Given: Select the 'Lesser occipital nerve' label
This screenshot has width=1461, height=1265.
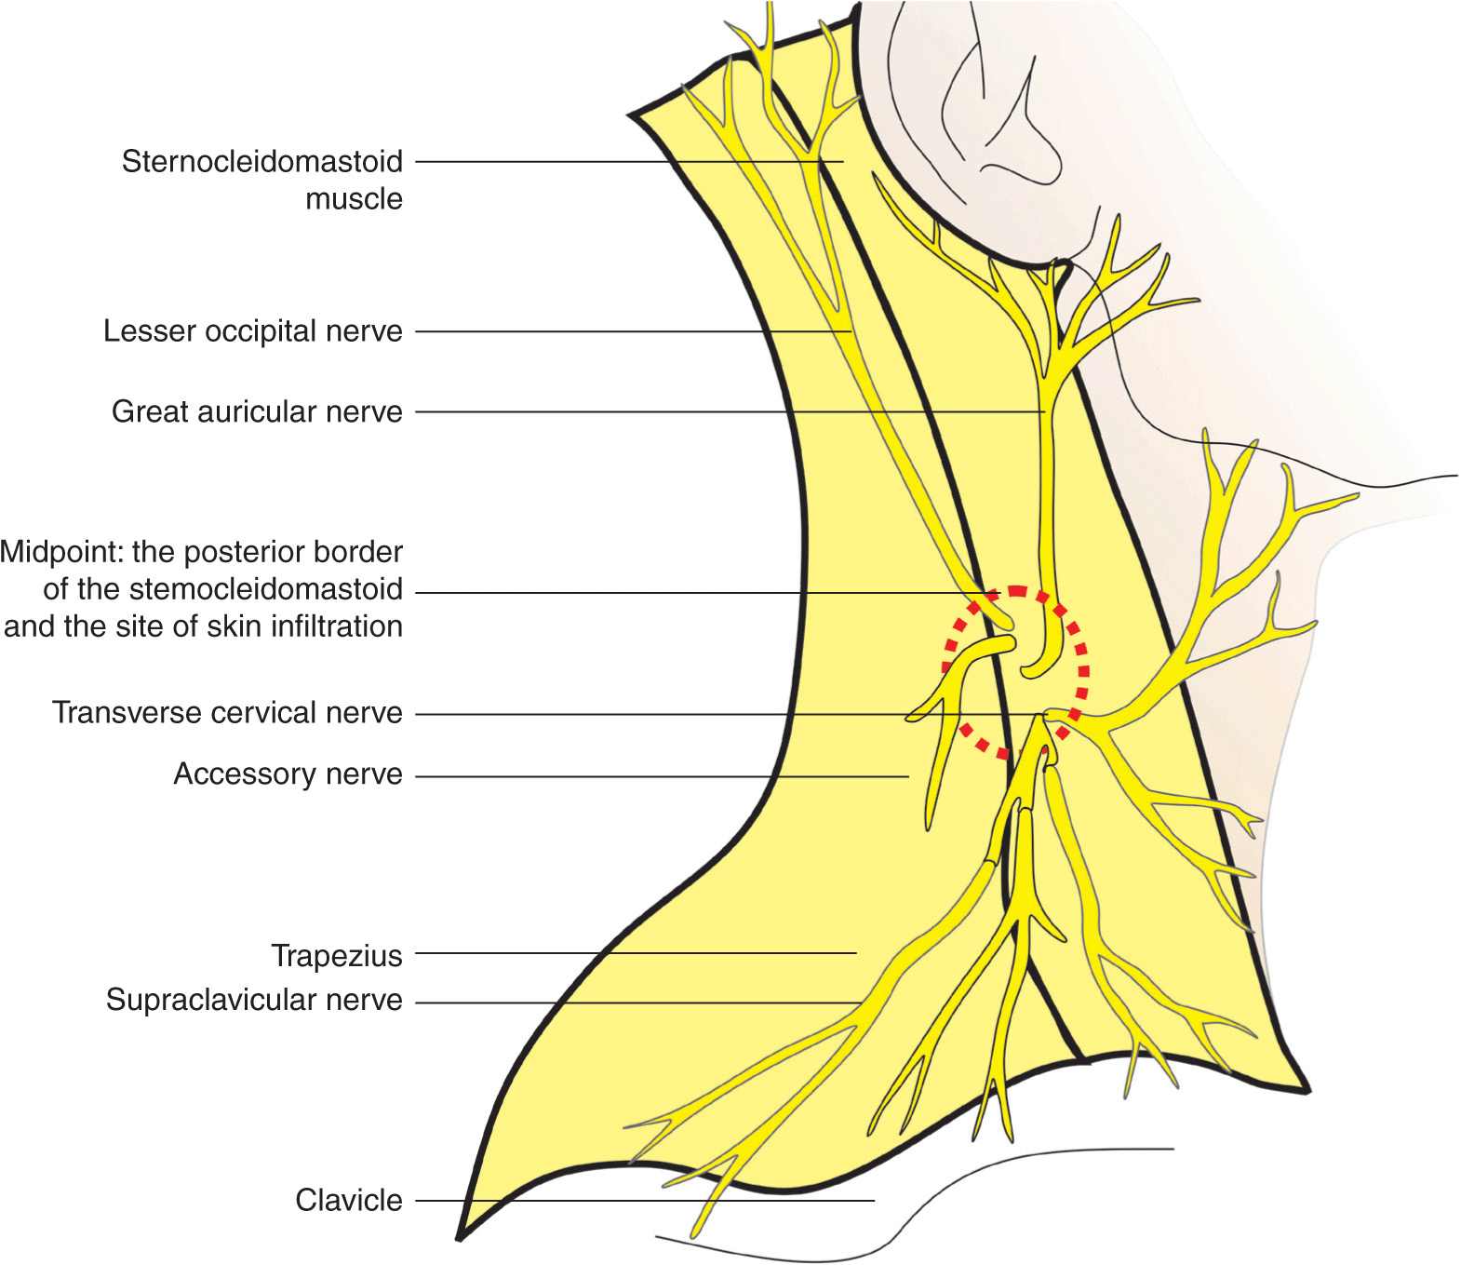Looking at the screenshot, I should pyautogui.click(x=252, y=331).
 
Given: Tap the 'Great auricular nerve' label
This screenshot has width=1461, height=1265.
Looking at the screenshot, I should pyautogui.click(x=257, y=411).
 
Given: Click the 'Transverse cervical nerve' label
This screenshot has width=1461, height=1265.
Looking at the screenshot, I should pyautogui.click(x=227, y=713).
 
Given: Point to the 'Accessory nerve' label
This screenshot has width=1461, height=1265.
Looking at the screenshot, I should pyautogui.click(x=288, y=774).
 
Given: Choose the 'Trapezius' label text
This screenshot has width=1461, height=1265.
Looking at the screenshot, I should pyautogui.click(x=336, y=956).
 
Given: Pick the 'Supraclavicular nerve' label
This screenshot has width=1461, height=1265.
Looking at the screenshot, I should pyautogui.click(x=254, y=1001).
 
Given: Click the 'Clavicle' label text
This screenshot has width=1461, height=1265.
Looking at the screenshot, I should pyautogui.click(x=348, y=1201).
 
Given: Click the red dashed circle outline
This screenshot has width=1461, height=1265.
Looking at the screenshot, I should pyautogui.click(x=1085, y=670).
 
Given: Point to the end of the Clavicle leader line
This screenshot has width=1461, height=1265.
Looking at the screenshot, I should pyautogui.click(x=874, y=1201).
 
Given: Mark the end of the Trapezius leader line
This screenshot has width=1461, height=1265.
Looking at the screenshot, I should pyautogui.click(x=856, y=953).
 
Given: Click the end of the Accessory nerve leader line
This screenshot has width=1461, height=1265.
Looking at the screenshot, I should pyautogui.click(x=908, y=776).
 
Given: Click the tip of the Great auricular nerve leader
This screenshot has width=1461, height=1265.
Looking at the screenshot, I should pyautogui.click(x=1045, y=411).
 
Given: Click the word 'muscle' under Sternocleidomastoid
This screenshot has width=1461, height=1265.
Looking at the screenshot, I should pyautogui.click(x=354, y=199).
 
